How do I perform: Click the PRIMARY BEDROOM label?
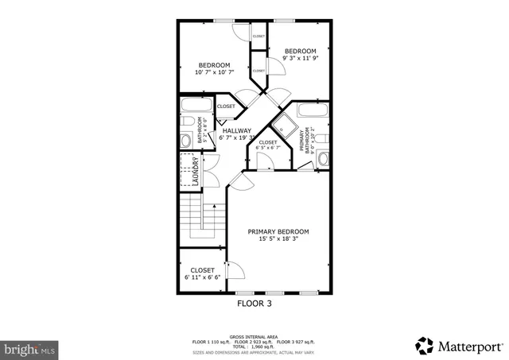[x=278, y=231]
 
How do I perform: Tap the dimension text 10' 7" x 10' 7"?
[x=214, y=74]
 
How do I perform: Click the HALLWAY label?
[x=236, y=130]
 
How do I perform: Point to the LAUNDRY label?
[x=195, y=171]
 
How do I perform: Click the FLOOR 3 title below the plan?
[x=254, y=303]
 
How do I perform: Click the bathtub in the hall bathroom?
[x=196, y=107]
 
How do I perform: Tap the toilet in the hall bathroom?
[x=185, y=141]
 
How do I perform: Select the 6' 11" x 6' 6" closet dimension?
[x=202, y=278]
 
